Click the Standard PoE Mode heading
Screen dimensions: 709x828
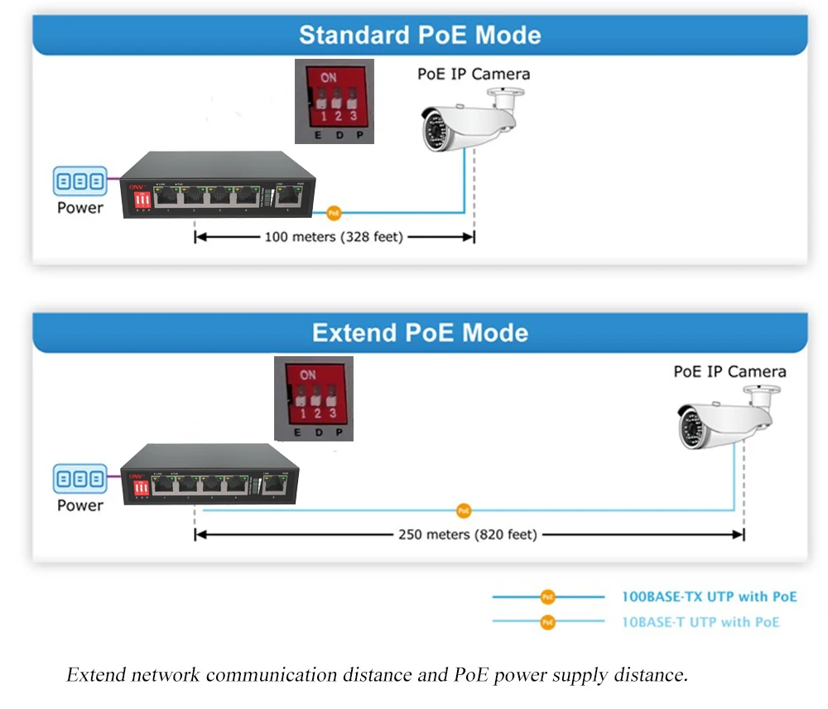[420, 35]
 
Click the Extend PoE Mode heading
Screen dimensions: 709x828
[420, 333]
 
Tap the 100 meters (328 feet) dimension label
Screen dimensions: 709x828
[334, 237]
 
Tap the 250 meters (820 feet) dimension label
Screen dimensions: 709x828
[468, 534]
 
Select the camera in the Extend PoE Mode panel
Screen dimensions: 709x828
[727, 417]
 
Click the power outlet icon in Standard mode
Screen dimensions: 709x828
[80, 180]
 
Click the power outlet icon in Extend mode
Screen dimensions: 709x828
[80, 478]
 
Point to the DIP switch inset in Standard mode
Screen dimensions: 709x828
[335, 101]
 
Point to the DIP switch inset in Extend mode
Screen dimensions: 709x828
[314, 398]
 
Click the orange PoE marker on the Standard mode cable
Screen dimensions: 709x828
[334, 213]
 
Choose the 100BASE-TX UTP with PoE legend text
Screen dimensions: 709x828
[709, 596]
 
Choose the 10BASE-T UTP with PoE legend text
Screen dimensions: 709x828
[700, 622]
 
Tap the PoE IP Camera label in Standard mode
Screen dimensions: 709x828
[473, 74]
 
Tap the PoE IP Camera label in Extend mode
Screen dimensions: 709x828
[729, 371]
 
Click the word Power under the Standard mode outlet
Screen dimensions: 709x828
[80, 207]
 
